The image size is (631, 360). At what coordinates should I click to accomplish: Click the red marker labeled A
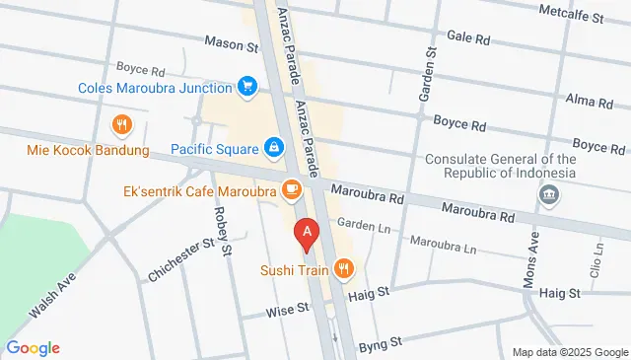click(308, 233)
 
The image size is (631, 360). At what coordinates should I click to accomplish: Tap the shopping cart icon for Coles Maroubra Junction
click(247, 88)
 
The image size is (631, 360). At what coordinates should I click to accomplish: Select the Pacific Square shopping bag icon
click(273, 149)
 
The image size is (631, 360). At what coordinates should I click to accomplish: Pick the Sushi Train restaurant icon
click(343, 268)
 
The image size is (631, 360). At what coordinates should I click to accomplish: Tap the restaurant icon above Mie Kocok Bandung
click(121, 125)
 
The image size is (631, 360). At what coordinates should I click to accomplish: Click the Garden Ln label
click(358, 224)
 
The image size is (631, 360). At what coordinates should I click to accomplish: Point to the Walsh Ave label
click(52, 295)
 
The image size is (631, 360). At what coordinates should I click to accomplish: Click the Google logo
click(33, 348)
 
